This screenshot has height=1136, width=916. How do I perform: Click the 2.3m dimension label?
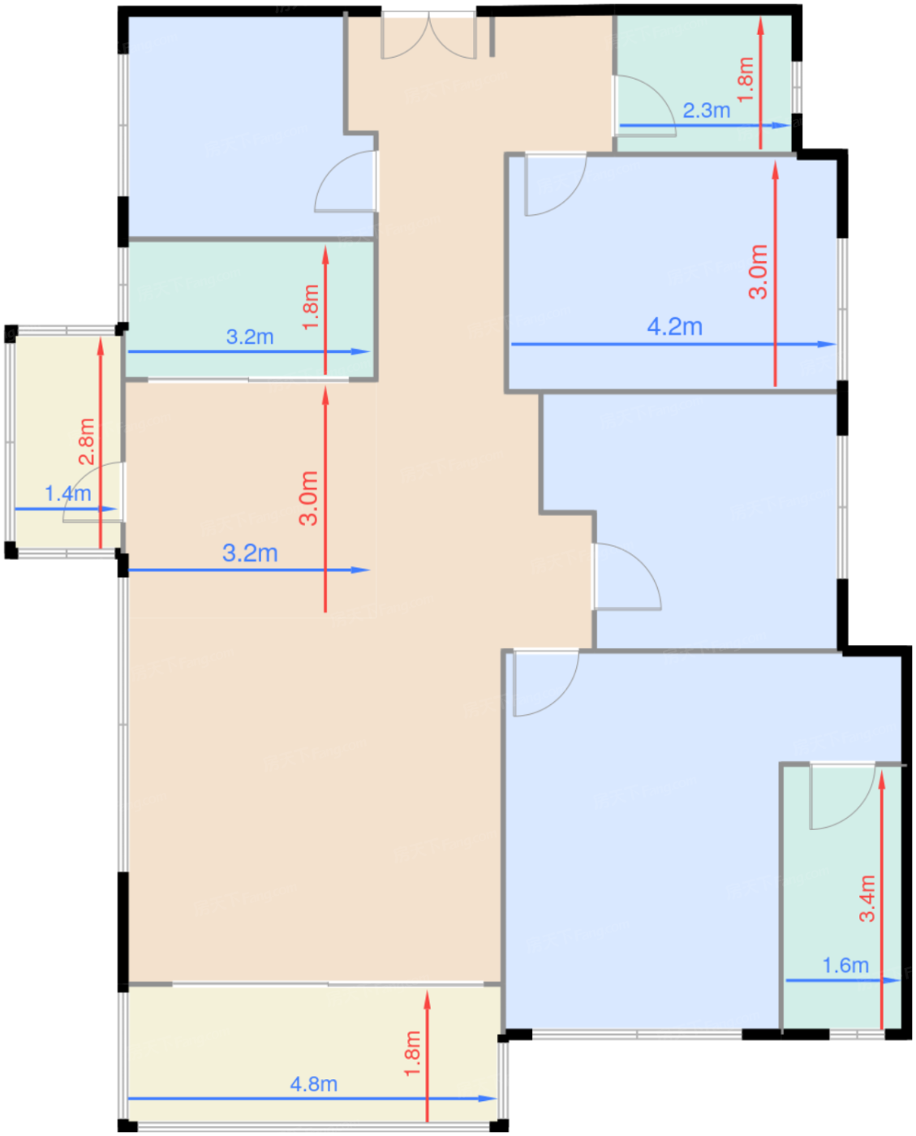pyautogui.click(x=707, y=111)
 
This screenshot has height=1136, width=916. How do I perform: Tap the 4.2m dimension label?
pyautogui.click(x=675, y=327)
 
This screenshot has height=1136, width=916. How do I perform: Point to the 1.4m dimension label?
pyautogui.click(x=68, y=493)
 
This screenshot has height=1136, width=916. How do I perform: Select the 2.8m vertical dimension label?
pyautogui.click(x=87, y=441)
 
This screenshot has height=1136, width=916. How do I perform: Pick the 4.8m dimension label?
pyautogui.click(x=314, y=1084)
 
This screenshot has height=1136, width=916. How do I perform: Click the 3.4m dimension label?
pyautogui.click(x=867, y=898)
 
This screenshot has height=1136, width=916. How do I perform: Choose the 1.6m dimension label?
pyautogui.click(x=845, y=966)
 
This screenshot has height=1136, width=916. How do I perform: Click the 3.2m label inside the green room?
pyautogui.click(x=250, y=337)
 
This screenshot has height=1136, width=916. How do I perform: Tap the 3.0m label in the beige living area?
pyautogui.click(x=308, y=498)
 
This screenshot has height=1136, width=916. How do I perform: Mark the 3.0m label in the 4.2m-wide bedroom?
pyautogui.click(x=758, y=272)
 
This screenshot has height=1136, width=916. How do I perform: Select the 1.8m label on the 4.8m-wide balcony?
pyautogui.click(x=412, y=1054)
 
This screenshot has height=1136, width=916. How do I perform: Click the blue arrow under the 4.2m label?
pyautogui.click(x=673, y=344)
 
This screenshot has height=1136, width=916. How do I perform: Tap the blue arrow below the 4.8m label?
pyautogui.click(x=312, y=1099)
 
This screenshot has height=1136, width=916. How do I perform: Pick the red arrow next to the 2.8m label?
pyautogui.click(x=101, y=443)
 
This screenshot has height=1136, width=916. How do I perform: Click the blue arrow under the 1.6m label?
pyautogui.click(x=843, y=980)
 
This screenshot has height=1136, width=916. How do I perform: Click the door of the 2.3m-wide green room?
pyautogui.click(x=644, y=105)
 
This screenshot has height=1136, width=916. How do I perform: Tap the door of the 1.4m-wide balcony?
pyautogui.click(x=93, y=492)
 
